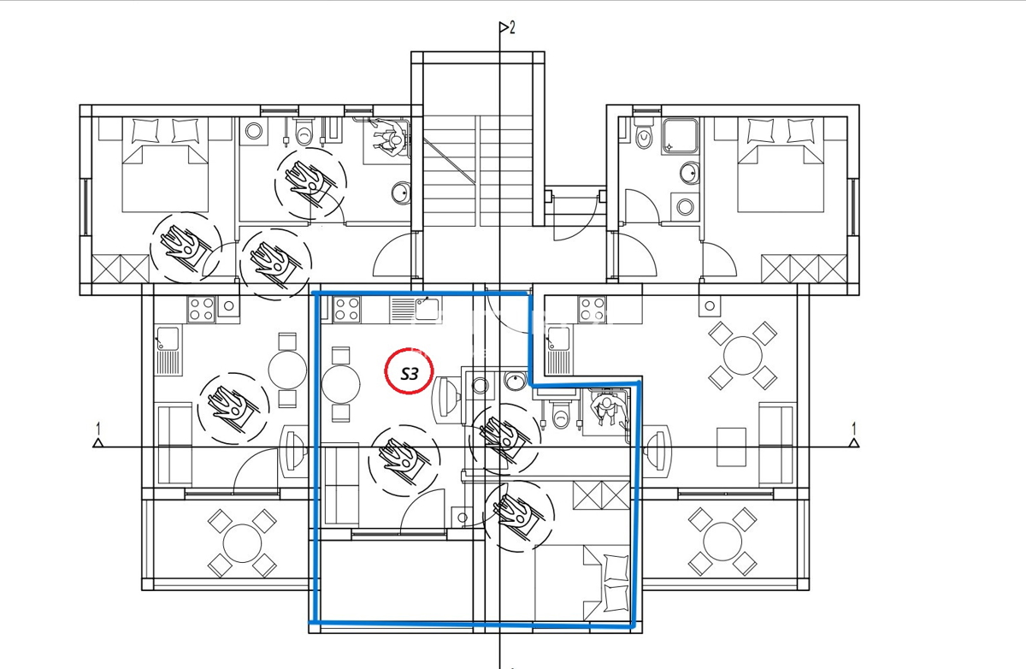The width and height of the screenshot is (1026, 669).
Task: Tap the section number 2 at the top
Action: click(512, 28)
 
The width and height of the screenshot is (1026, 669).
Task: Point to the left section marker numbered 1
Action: click(97, 435)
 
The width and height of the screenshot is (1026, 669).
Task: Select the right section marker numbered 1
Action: click(853, 435)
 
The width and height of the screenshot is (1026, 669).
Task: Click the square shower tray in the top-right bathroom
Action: click(681, 136)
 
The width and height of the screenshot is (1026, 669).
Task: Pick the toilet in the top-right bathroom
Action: click(644, 133)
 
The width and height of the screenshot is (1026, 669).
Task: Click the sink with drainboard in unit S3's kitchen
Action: click(416, 310)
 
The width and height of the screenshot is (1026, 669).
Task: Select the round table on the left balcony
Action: click(242, 543)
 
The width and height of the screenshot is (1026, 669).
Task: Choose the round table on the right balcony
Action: click(722, 542)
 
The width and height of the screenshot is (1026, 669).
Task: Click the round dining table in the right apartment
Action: click(742, 356)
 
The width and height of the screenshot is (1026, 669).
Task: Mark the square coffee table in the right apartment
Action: click(732, 447)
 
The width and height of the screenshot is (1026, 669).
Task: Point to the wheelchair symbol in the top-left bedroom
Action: click(186, 247)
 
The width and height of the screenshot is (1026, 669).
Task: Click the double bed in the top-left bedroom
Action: click(165, 164)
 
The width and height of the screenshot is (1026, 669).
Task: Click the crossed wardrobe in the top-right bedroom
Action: click(804, 269)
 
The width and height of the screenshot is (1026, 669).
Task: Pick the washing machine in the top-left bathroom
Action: click(253, 132)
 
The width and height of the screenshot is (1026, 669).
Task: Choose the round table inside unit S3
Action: click(341, 384)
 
